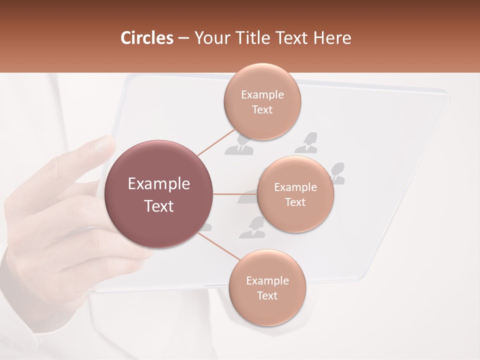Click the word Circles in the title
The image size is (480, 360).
(x=146, y=38)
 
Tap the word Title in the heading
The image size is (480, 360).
(x=253, y=38)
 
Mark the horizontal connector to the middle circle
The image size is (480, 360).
(x=235, y=194)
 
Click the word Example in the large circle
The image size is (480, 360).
(x=158, y=184)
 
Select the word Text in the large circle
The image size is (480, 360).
(x=158, y=206)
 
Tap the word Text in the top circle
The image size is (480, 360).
(x=262, y=109)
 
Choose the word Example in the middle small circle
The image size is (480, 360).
(x=295, y=187)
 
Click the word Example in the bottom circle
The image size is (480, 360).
(x=267, y=281)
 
